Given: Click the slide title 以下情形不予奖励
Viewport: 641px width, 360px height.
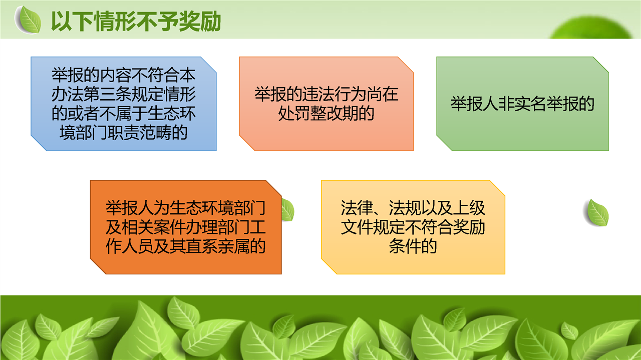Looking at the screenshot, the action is (136, 22).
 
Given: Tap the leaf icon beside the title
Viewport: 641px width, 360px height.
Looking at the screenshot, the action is (29, 20).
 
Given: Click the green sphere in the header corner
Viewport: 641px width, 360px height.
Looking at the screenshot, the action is (592, 28).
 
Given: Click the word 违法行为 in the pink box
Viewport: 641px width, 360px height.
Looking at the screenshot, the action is (326, 94).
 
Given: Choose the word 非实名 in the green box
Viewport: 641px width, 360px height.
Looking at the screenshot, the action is (522, 104).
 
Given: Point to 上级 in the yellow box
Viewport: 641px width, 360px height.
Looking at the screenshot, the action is (469, 208).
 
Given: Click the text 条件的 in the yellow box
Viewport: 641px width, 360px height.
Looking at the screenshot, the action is (413, 246).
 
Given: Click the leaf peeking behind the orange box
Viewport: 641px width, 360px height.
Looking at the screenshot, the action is (287, 210).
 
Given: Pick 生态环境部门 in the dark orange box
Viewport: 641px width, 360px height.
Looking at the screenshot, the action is (217, 208).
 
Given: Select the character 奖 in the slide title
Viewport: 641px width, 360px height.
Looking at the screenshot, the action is (189, 22).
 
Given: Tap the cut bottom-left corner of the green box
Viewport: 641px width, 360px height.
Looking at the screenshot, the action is (444, 143).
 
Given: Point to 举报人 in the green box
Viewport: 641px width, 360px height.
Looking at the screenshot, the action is (474, 104).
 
